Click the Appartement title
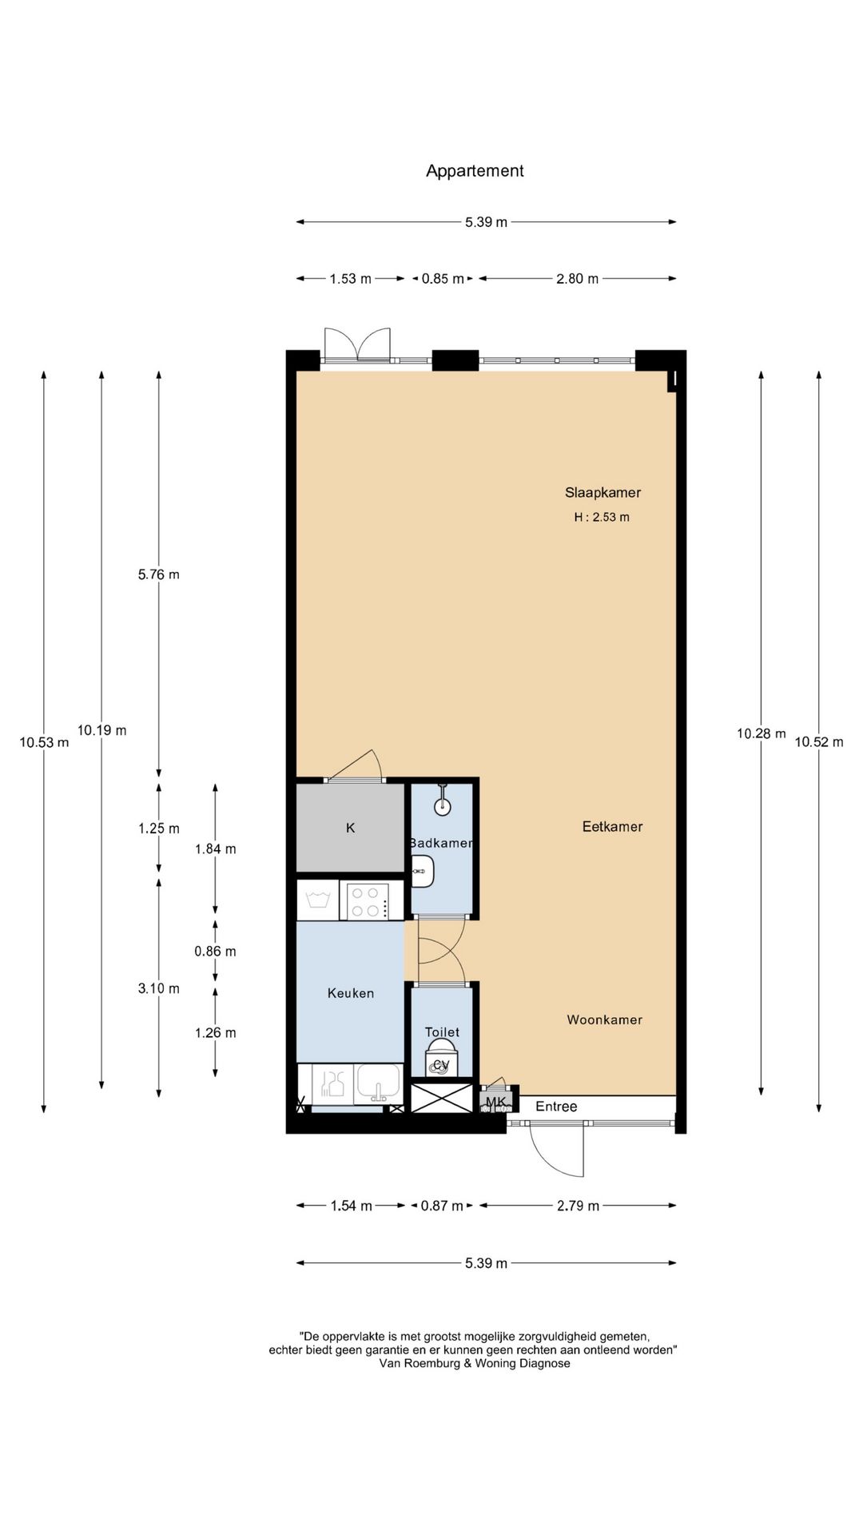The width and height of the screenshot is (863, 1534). (475, 171)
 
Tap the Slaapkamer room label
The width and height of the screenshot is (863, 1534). (603, 493)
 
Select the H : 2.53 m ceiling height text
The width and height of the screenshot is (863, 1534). (602, 517)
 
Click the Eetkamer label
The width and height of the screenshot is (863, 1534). (612, 827)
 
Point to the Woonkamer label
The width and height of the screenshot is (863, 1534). (605, 1019)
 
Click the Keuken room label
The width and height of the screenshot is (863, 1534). (351, 993)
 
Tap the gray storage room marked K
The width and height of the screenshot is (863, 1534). (350, 829)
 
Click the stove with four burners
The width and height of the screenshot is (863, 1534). (371, 900)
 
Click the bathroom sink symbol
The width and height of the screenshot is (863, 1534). (423, 871)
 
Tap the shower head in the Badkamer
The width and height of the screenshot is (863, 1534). (443, 805)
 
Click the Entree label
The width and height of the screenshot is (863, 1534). (556, 1107)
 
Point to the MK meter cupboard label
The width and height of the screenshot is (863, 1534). (496, 1103)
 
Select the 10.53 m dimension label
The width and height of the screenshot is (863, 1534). (44, 742)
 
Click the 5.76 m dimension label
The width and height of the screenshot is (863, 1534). (158, 574)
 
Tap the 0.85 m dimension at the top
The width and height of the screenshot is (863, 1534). (443, 279)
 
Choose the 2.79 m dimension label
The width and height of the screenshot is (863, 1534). (578, 1206)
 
